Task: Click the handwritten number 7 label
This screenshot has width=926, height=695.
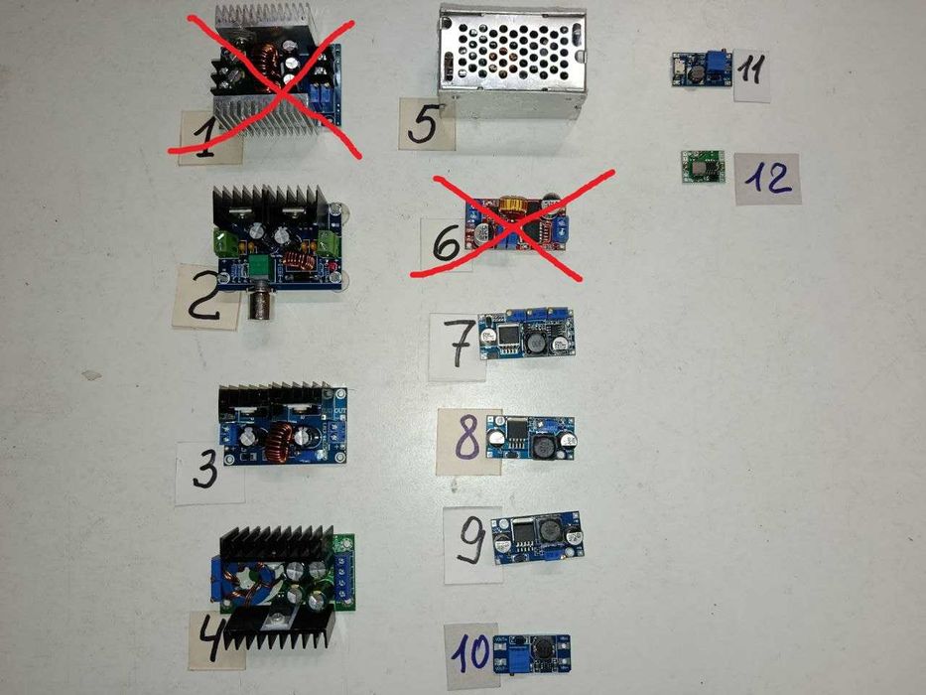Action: click(458, 344)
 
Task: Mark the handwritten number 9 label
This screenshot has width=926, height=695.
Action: click(472, 541)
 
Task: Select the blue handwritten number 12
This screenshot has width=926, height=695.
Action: click(768, 178)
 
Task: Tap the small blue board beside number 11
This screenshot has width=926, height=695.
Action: click(702, 69)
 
